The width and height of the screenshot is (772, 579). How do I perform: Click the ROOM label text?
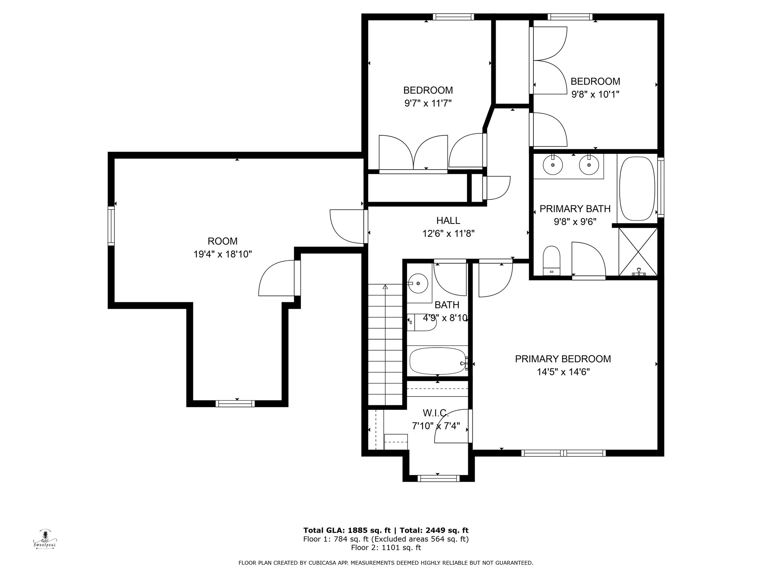click(222, 241)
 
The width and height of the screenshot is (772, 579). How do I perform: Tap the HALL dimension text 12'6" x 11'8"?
click(448, 234)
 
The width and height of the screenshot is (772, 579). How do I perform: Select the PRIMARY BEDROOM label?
click(563, 359)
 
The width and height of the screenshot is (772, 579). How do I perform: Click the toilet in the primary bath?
click(552, 260)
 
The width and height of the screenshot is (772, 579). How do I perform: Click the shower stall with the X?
click(638, 252)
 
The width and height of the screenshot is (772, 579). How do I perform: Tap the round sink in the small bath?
click(418, 283)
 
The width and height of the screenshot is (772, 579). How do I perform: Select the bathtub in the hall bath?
click(438, 361)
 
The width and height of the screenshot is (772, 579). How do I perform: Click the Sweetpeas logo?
click(45, 539)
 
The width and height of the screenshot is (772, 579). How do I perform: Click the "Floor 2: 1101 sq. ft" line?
click(386, 548)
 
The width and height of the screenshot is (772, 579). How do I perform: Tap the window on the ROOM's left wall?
click(111, 226)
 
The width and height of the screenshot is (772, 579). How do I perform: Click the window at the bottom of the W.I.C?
click(439, 478)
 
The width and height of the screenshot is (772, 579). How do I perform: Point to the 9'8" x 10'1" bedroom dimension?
click(596, 94)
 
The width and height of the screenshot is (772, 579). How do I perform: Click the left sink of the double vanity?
click(553, 165)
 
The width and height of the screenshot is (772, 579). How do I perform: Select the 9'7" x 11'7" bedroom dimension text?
click(428, 103)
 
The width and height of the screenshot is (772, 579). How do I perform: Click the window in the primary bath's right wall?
click(661, 187)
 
